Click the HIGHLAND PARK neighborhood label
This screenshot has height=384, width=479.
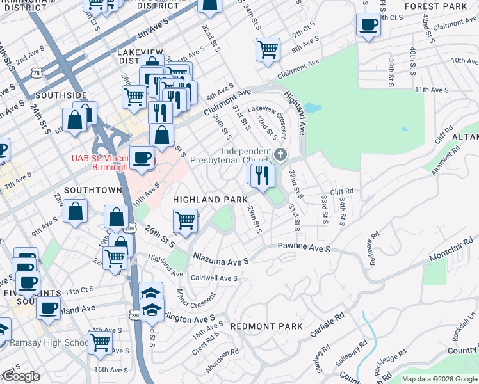[x=211, y=200]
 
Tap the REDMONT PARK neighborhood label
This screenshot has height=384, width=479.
[x=266, y=326]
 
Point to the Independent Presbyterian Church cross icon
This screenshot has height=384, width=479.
[x=280, y=154]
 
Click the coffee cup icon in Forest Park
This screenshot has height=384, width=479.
[x=368, y=26]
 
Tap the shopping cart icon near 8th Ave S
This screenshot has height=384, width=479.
[x=268, y=49]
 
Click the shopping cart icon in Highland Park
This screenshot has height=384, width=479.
[x=185, y=220]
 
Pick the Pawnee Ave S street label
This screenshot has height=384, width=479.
[x=304, y=247]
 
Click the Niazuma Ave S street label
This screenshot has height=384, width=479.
[x=221, y=261]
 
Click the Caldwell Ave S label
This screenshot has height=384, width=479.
[x=215, y=278]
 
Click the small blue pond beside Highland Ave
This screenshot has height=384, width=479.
[x=312, y=108]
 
